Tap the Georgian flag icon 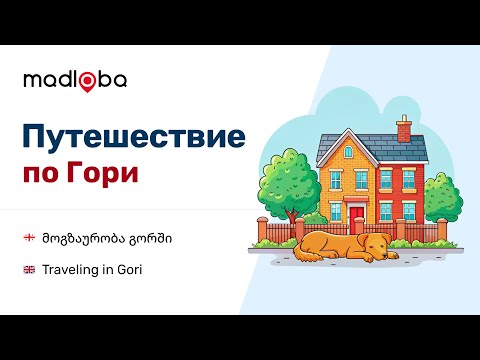pos(30,238)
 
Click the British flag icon pos(30,270)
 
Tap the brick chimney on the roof pos(403,129)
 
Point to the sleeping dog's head pos(376,245)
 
